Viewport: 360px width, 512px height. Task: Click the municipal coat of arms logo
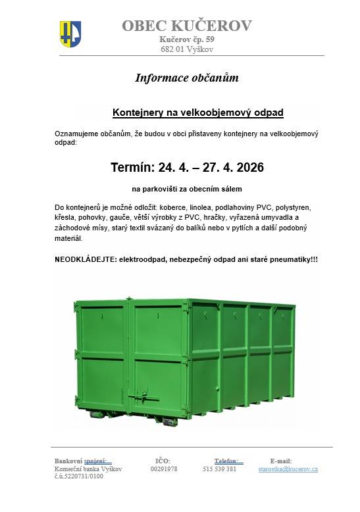70,33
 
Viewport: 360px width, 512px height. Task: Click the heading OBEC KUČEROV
186,26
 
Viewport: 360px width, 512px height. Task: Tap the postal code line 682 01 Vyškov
186,49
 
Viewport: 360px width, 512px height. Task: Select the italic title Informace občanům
186,78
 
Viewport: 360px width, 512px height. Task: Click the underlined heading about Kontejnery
198,113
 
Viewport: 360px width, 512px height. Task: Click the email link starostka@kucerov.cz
288,469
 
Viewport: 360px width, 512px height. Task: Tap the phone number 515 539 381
220,469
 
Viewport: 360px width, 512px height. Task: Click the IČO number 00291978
164,469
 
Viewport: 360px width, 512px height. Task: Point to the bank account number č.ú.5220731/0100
79,476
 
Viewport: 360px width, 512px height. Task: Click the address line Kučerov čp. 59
186,39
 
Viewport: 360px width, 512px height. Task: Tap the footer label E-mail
281,461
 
